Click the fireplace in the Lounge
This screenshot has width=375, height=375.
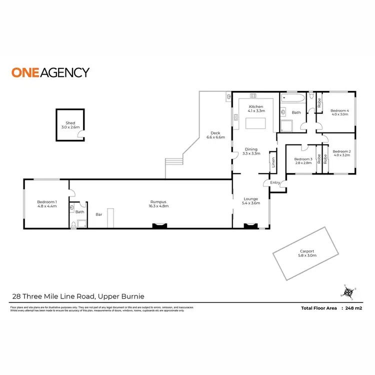[x=249, y=226]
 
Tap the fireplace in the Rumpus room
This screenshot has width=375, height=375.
[x=159, y=226]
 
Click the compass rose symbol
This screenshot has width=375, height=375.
[x=348, y=291]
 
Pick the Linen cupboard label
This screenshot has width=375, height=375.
[x=273, y=162]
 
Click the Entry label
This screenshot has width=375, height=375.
[x=275, y=182]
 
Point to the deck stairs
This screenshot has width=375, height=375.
[x=173, y=162]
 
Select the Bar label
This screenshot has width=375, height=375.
[x=98, y=214]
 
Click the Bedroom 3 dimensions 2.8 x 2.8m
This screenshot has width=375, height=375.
[x=303, y=163]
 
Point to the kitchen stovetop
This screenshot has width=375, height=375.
[x=253, y=96]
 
